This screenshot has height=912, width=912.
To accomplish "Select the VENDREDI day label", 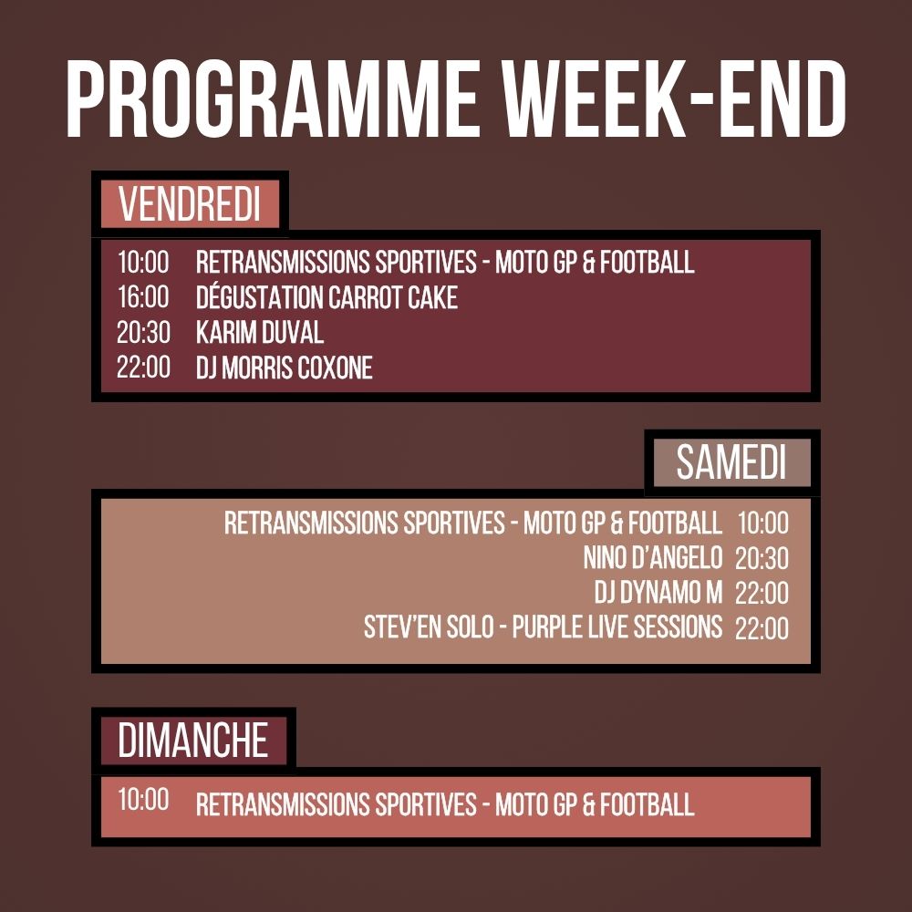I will pyautogui.click(x=190, y=204).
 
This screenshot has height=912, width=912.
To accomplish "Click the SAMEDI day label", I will pyautogui.click(x=731, y=463).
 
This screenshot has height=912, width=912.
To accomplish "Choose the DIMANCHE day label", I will pyautogui.click(x=192, y=740).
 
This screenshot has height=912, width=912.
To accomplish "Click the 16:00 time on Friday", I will pyautogui.click(x=143, y=297).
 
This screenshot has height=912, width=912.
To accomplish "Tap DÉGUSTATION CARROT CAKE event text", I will pyautogui.click(x=326, y=297).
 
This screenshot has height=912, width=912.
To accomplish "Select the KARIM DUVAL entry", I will pyautogui.click(x=260, y=333).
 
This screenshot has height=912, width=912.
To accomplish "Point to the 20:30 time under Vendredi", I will pyautogui.click(x=143, y=333).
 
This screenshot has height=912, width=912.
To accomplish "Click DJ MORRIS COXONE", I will pyautogui.click(x=284, y=368).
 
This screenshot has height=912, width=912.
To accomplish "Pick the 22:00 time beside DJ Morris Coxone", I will pyautogui.click(x=143, y=368).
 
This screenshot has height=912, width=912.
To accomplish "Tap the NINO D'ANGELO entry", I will pyautogui.click(x=653, y=557).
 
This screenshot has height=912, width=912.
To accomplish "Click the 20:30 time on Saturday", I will pyautogui.click(x=762, y=558).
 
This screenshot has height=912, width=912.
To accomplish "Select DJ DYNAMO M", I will pyautogui.click(x=658, y=593).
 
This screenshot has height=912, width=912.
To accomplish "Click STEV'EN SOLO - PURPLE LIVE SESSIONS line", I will pyautogui.click(x=543, y=628).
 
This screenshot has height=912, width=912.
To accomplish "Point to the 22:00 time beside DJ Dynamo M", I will pyautogui.click(x=762, y=594).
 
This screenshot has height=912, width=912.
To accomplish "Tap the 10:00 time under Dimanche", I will pyautogui.click(x=143, y=800).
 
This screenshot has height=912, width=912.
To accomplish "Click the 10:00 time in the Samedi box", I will pyautogui.click(x=762, y=523).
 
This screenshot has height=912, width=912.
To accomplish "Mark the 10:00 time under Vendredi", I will pyautogui.click(x=143, y=263).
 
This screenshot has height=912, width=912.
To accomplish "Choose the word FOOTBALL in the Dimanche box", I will pyautogui.click(x=648, y=804).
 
